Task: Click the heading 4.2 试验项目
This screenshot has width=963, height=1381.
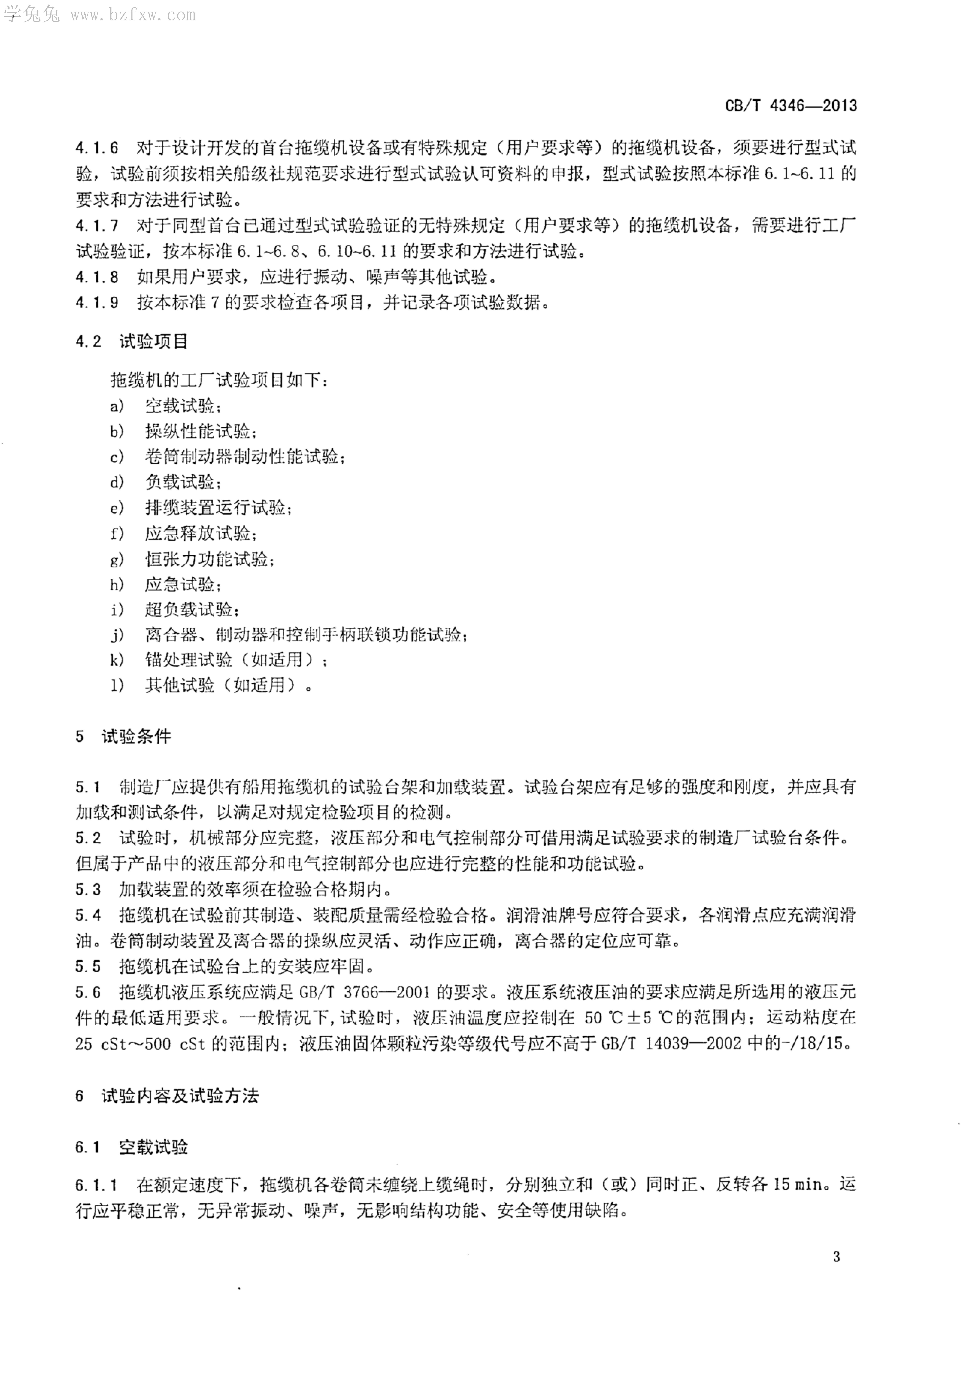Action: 132,342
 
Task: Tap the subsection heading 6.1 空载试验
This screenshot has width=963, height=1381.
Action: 132,1146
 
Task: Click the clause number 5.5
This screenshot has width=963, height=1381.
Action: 88,966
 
